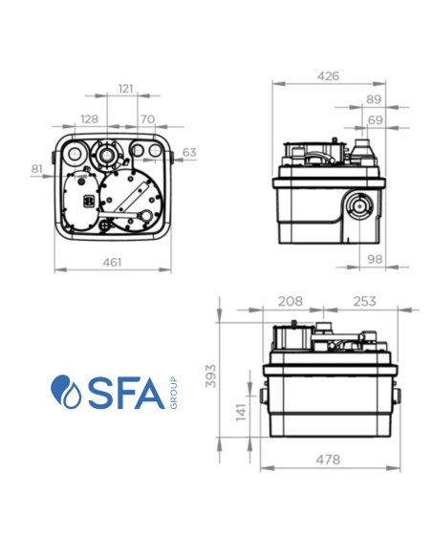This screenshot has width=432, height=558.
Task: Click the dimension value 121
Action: pos(125,89)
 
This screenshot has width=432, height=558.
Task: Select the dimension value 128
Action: pos(89,119)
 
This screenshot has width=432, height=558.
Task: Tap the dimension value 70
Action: pos(148,119)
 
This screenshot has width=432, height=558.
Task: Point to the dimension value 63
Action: pos(189,152)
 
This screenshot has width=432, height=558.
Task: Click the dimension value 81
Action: pos(37,169)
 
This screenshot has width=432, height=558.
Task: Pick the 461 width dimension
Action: pos(113,262)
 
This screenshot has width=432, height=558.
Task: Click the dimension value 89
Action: pos(374,99)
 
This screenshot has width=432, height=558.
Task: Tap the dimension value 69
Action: pos(375,119)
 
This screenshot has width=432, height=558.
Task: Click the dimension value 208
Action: pos(290,301)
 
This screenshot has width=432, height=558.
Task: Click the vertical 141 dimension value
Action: pos(242,412)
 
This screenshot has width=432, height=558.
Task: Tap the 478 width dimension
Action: pos(328,460)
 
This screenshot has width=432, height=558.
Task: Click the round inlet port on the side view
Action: pos(360,204)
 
